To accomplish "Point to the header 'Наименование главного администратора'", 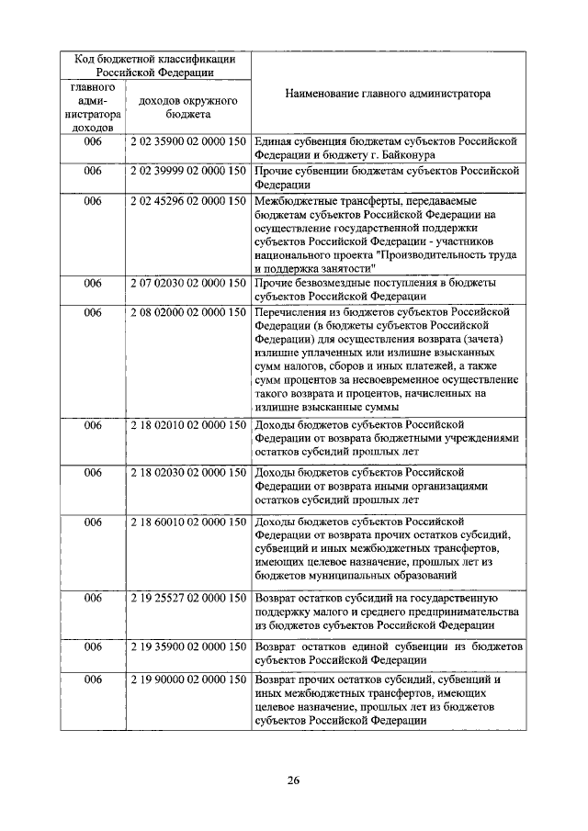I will click(x=387, y=94).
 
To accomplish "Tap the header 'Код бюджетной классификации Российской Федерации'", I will click(x=156, y=66).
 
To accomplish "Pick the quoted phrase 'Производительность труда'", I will click(x=449, y=254).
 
